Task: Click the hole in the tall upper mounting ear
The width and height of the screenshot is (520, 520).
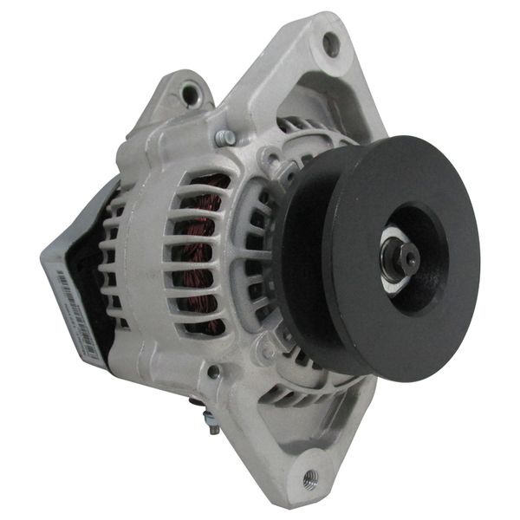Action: (x=330, y=40)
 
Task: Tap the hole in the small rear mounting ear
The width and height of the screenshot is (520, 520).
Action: (x=187, y=89)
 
